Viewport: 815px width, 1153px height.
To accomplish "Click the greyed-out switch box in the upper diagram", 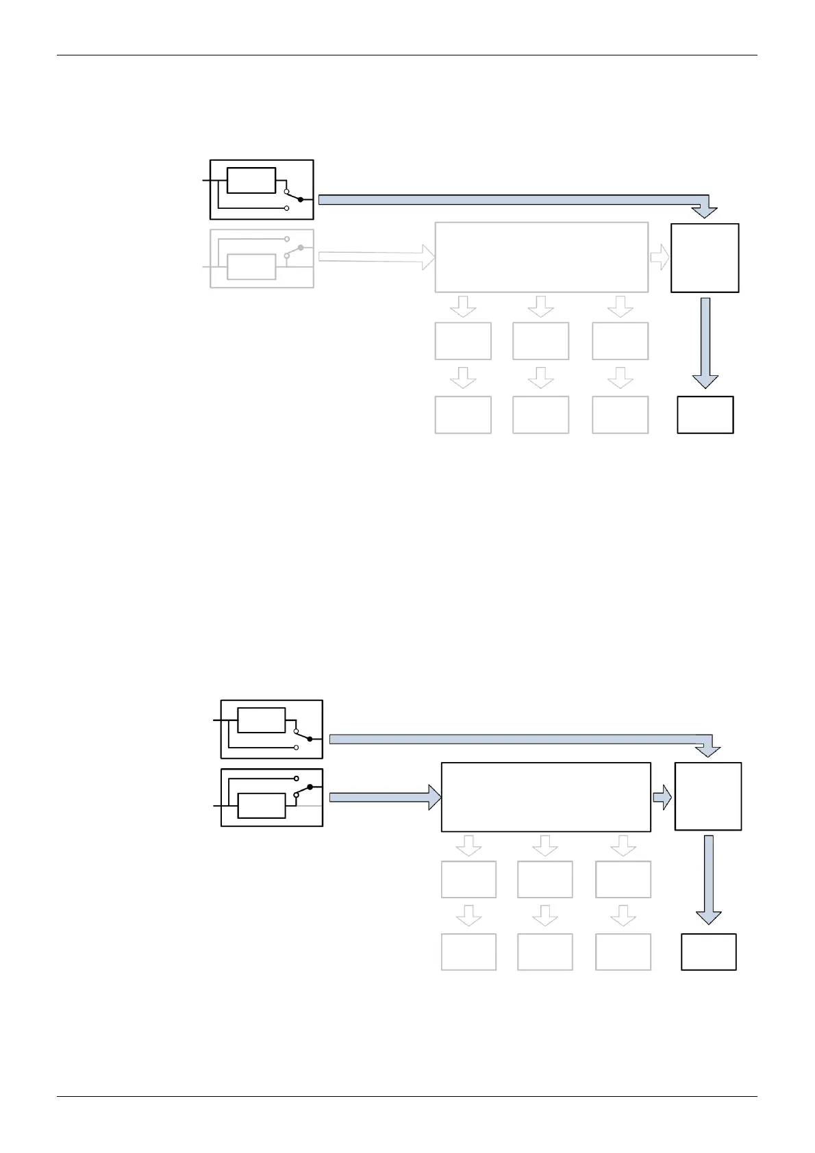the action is pos(261,259).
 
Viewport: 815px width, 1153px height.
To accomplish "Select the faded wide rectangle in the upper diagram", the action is pos(541,257).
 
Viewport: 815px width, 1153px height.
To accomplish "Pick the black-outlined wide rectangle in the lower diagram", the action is pos(546,797).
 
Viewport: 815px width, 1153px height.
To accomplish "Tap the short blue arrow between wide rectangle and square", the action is pos(662,797).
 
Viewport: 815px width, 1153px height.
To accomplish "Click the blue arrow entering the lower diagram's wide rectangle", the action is pos(384,797).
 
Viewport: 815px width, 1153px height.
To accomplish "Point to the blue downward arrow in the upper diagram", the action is pos(705,342).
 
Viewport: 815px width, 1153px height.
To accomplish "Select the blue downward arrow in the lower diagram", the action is pos(708,880).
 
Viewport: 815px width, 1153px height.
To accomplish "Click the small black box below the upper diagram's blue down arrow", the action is pos(705,414).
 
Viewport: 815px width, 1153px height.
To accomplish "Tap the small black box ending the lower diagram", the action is pos(708,952).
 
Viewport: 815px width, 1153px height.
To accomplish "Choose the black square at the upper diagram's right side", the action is pos(705,257).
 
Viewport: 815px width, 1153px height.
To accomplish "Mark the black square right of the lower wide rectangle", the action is pos(708,796).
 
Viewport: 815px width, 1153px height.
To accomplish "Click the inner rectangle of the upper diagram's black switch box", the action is pos(251,180).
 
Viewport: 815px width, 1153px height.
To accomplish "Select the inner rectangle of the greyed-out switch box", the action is pos(251,266).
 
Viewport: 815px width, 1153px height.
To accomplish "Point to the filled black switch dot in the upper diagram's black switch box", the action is pos(301,199).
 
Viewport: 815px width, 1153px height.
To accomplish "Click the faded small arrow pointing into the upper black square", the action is pos(660,257).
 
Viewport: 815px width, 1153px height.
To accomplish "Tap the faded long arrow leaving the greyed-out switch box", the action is pos(377,257).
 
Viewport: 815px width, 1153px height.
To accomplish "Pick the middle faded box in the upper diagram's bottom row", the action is pos(540,414).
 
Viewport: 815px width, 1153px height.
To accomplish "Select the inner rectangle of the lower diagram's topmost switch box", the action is pos(261,720).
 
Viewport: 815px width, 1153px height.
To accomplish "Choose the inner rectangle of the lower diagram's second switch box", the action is pos(261,806).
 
